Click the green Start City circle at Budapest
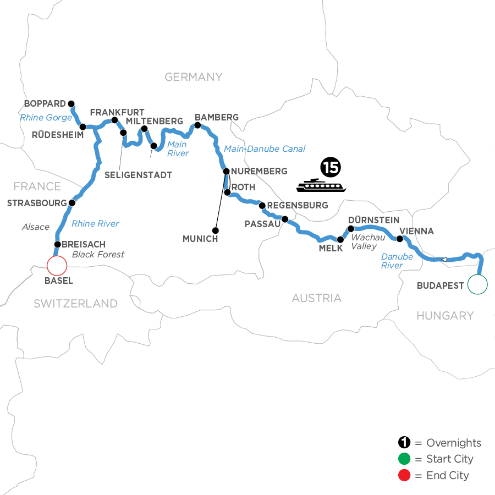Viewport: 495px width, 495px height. point(477,284)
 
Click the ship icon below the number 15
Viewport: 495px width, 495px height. point(322,185)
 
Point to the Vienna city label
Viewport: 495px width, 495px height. point(416,231)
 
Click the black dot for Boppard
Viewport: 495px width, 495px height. point(71,103)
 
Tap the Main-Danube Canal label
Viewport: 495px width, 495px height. point(265,148)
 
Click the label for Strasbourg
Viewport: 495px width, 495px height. point(37,202)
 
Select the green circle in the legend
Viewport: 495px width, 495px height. point(404,459)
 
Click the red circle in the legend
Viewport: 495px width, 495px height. point(404,475)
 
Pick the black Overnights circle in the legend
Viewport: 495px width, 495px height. point(404,443)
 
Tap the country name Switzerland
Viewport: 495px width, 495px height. point(75,303)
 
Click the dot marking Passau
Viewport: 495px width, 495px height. point(284,219)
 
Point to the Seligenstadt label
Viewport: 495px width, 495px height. point(139,175)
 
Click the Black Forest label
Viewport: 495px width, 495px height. point(98,254)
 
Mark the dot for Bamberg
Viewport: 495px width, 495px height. point(197,125)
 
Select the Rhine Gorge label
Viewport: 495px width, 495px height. point(46,118)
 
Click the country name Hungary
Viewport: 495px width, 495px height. point(445,315)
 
